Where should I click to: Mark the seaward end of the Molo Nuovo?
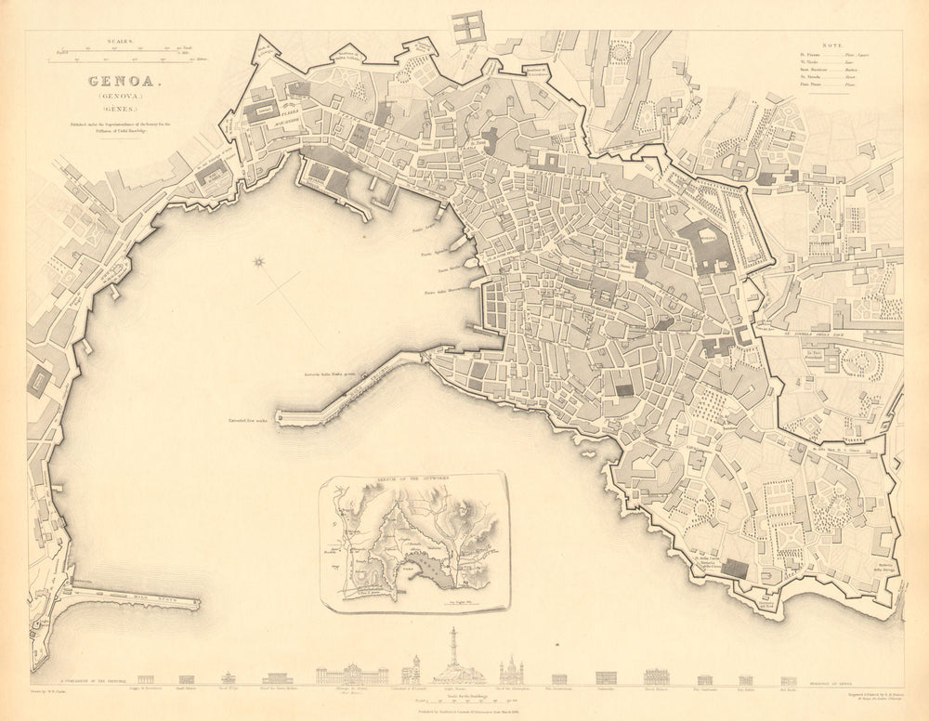pyautogui.click(x=195, y=604)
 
